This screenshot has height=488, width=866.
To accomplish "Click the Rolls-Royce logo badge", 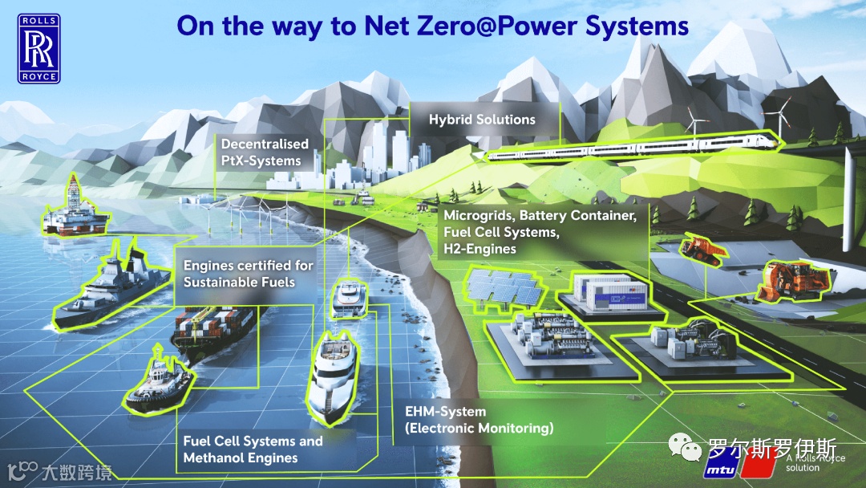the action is click(x=39, y=47).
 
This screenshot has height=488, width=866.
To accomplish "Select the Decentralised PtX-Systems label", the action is click(x=264, y=152).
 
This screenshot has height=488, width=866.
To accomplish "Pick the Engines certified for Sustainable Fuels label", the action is click(x=248, y=274).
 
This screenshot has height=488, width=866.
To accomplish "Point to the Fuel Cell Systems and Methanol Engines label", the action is click(x=253, y=449).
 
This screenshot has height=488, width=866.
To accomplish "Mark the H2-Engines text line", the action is click(x=480, y=250).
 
